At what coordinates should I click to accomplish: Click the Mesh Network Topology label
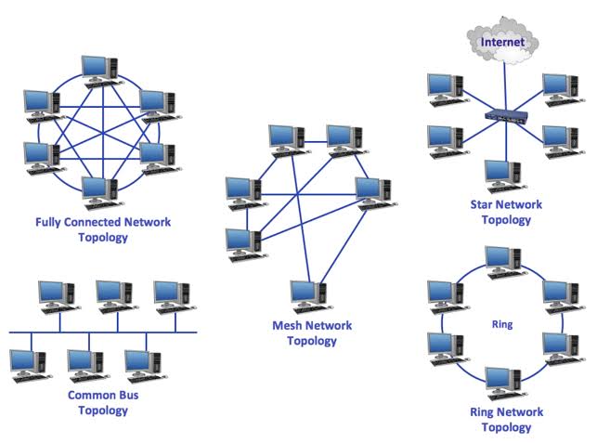[x=305, y=333]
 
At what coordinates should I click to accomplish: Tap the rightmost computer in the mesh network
[x=373, y=189]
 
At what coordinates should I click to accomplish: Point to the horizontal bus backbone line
[x=102, y=331]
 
